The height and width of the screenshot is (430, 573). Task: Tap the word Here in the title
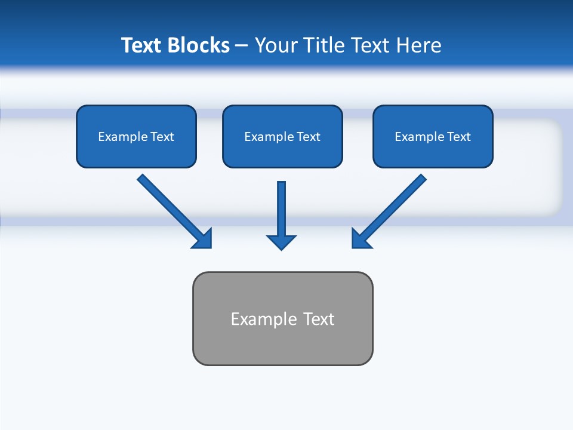tap(418, 45)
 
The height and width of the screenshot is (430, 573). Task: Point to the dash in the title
tap(242, 46)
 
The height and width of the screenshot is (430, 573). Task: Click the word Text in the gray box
tap(319, 319)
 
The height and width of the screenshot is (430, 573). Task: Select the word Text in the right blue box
tap(459, 137)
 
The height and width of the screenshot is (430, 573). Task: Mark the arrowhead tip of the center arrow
tap(282, 249)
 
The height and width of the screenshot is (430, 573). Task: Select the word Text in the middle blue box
tap(309, 137)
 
